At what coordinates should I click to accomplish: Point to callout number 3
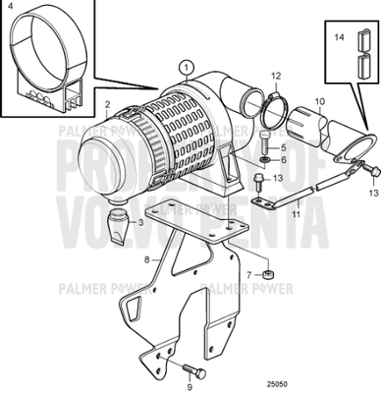point(141,223)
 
